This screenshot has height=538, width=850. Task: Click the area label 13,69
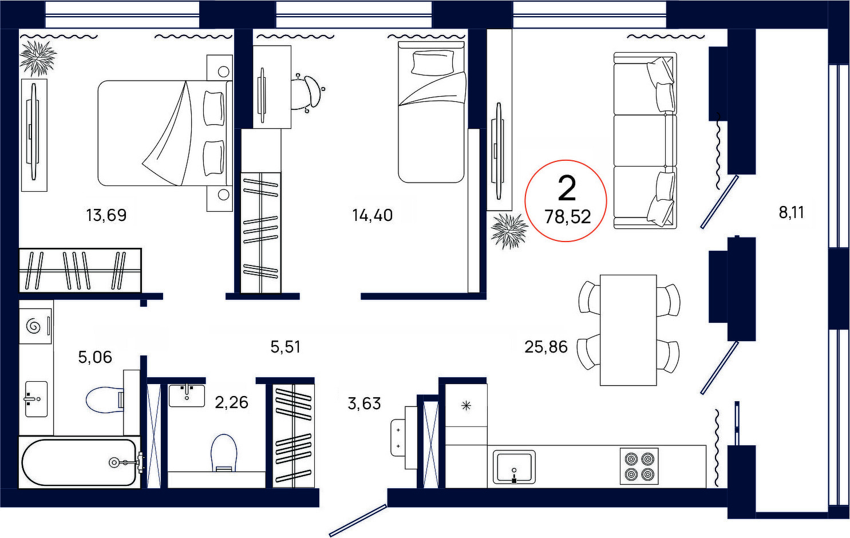click(106, 215)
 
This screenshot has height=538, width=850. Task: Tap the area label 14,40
click(372, 215)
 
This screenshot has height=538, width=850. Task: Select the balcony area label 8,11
click(792, 212)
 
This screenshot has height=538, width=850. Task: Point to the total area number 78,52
click(568, 217)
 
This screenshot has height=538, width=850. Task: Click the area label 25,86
click(546, 347)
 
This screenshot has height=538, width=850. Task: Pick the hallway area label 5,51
click(286, 347)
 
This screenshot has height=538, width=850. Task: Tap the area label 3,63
click(364, 403)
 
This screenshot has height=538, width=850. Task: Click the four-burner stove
click(639, 466)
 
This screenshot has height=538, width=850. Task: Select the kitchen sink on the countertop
click(514, 467)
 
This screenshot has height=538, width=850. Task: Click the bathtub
click(79, 462)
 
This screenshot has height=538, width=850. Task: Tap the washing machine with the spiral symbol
click(35, 326)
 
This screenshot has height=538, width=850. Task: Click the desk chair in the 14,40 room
click(309, 92)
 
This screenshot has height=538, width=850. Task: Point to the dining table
click(628, 330)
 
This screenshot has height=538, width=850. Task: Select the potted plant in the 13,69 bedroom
click(38, 58)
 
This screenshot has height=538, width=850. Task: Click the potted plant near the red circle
click(509, 231)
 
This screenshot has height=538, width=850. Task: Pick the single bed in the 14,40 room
click(431, 112)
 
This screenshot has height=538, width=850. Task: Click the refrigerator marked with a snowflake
click(466, 405)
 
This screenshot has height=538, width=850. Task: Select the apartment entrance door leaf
click(358, 520)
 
